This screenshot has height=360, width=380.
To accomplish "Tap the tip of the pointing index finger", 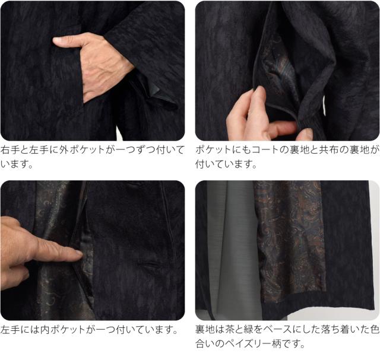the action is (81, 253).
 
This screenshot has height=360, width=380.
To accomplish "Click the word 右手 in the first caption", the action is (10, 150).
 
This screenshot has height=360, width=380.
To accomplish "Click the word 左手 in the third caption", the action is (10, 330).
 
